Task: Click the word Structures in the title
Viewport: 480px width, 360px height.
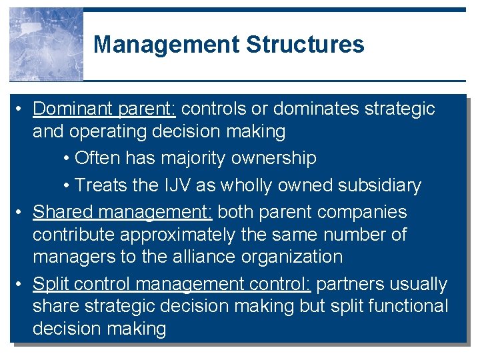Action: [x=305, y=45]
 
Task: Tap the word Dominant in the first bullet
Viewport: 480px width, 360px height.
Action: [x=73, y=109]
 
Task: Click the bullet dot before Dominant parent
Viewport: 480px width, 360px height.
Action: [x=21, y=109]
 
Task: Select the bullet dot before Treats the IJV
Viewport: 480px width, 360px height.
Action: [x=67, y=185]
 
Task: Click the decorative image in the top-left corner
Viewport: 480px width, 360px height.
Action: [x=46, y=45]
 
